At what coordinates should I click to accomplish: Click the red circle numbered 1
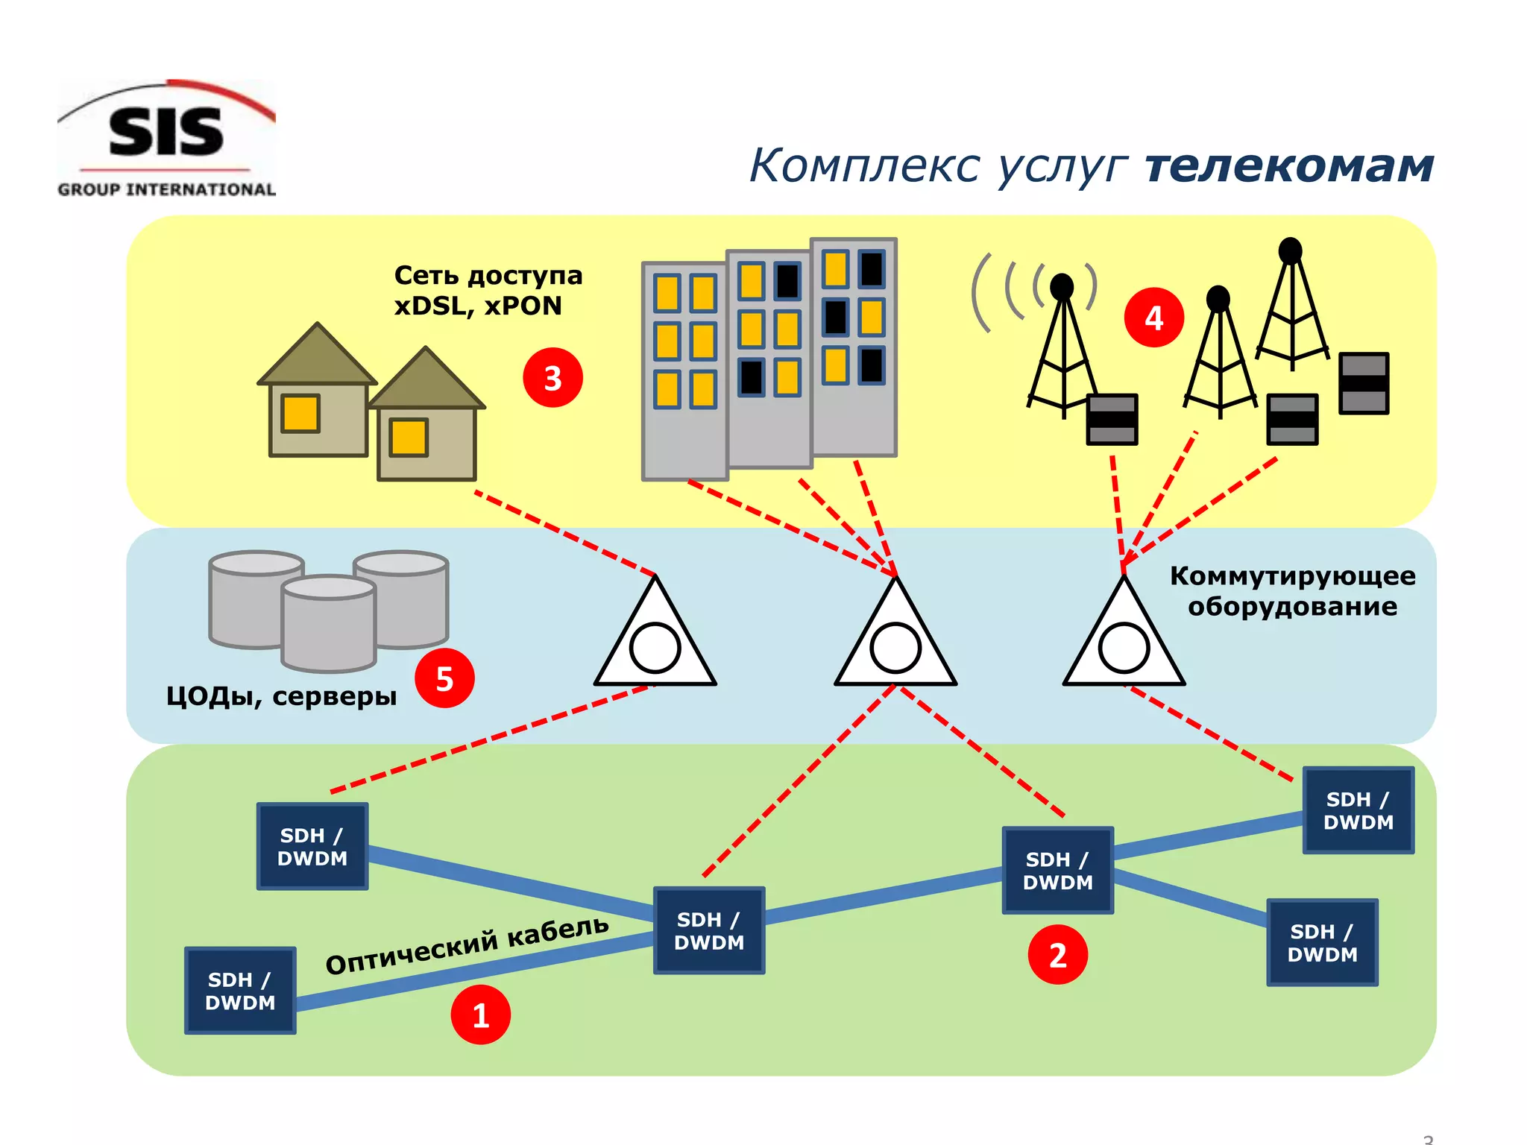point(481,1015)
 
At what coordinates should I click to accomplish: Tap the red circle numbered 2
point(1057,954)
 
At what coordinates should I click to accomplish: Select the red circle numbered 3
point(552,378)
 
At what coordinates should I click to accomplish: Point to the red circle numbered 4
point(1153,318)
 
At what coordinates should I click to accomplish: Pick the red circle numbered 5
point(444,678)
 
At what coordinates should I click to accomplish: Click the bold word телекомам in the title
point(1289,165)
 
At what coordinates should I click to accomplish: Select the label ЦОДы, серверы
point(281,696)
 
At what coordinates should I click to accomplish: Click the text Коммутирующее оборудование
point(1291,591)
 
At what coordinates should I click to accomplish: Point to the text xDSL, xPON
point(478,306)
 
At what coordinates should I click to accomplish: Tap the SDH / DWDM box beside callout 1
point(240,991)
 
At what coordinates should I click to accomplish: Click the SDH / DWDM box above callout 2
point(1057,871)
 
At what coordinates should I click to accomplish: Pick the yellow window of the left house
point(300,413)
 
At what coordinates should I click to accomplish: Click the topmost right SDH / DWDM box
point(1358,810)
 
